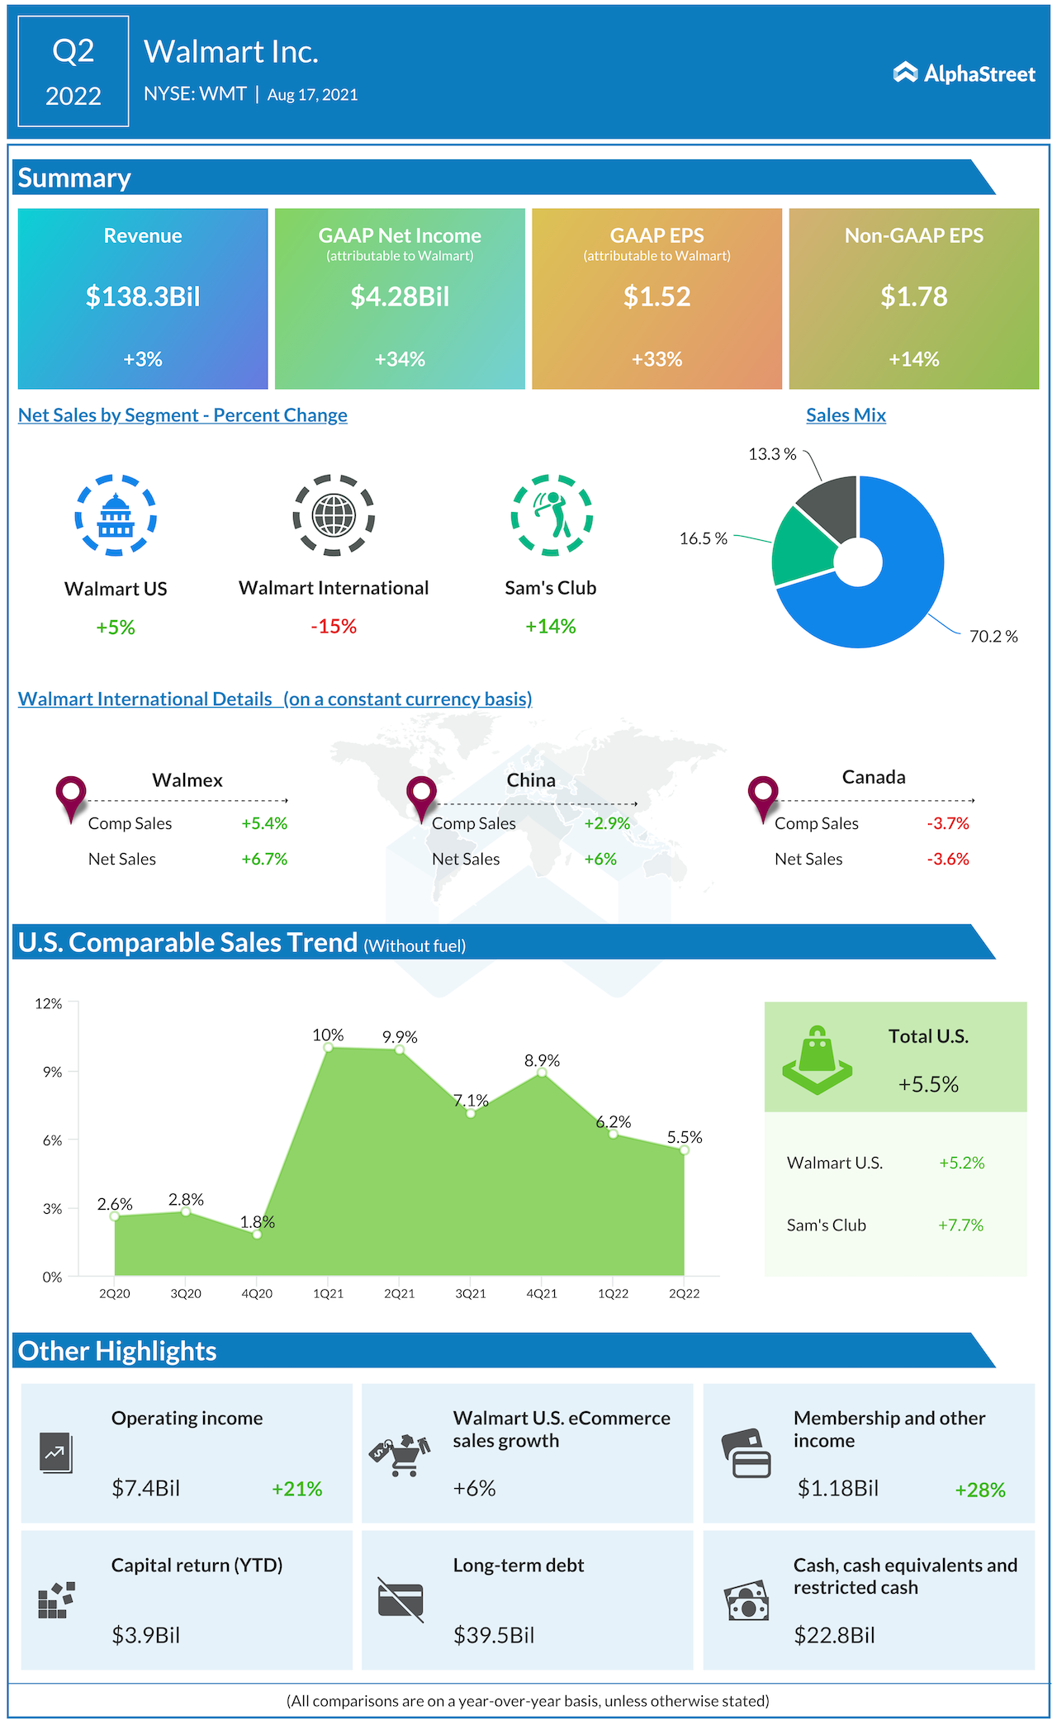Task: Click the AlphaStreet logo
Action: tap(963, 73)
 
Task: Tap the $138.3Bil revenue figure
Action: tap(143, 296)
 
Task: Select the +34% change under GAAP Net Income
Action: tap(400, 359)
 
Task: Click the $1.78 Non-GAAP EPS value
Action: tap(913, 296)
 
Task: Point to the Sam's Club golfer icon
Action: tap(551, 514)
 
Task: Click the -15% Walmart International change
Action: tap(334, 627)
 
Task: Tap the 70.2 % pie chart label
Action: tap(993, 637)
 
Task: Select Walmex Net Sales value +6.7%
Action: tap(264, 859)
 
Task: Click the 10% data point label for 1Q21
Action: tap(328, 1035)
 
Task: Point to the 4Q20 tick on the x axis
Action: tap(257, 1294)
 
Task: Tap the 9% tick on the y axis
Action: tap(53, 1072)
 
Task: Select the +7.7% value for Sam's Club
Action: tap(960, 1225)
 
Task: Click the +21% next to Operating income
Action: tap(296, 1489)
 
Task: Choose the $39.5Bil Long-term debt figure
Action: tap(494, 1635)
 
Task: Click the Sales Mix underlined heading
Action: tap(846, 415)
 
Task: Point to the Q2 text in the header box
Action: tap(73, 51)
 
